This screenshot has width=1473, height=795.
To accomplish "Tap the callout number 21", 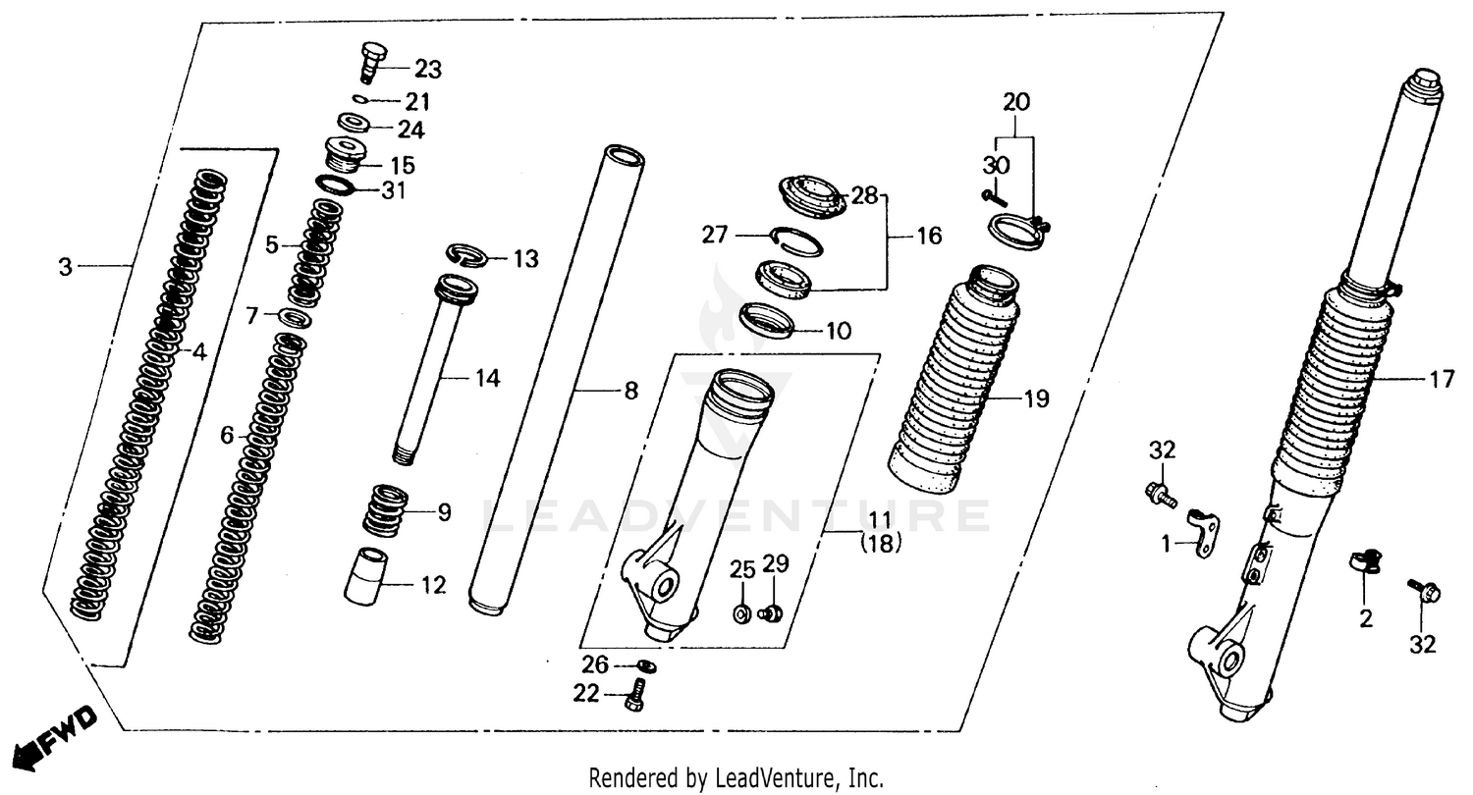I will coord(419,102).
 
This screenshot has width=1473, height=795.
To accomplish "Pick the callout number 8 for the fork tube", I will coord(630,391).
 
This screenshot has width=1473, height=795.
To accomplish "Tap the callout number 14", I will coord(487,378).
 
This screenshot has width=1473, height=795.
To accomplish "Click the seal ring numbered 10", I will coord(766,320).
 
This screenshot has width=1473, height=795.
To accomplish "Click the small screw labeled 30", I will coord(994,198).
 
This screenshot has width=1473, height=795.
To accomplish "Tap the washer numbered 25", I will coord(742,614).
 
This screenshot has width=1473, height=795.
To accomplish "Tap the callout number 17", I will coord(1441,380).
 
